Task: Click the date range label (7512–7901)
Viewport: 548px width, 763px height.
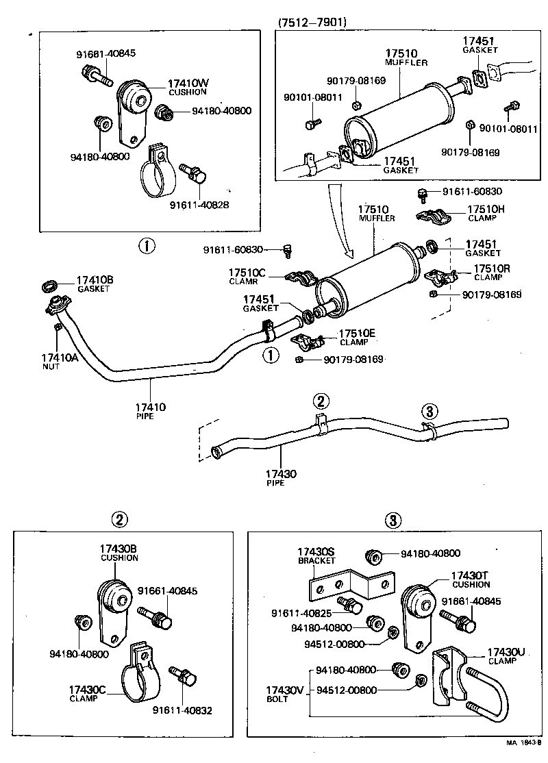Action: tap(312, 22)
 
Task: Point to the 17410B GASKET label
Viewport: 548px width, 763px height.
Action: tap(95, 284)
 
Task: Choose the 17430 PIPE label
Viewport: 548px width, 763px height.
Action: tap(281, 477)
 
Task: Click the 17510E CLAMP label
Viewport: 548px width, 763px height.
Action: tap(358, 337)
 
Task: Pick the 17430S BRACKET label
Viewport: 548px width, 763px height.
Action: tap(316, 555)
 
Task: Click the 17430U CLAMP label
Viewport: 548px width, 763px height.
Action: tap(506, 656)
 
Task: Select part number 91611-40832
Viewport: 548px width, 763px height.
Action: tap(182, 710)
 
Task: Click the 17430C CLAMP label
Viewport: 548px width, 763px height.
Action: tap(86, 693)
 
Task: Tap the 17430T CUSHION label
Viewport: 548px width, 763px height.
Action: tap(471, 579)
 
